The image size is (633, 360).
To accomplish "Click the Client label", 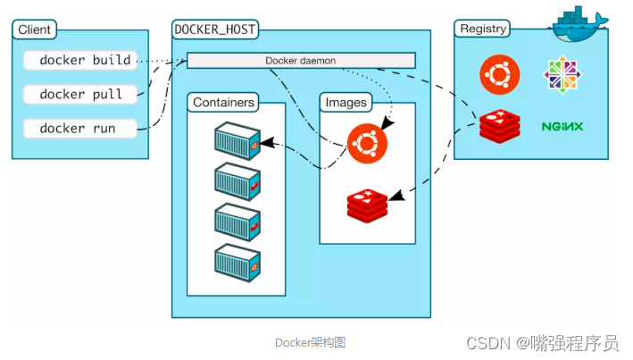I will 35,29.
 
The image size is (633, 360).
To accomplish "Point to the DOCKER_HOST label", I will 215,29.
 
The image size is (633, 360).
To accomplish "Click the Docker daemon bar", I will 301,61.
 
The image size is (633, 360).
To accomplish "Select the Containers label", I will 223,103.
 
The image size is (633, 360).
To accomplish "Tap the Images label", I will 346,103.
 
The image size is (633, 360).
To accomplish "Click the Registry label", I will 483,29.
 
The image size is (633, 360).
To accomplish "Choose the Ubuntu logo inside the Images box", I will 367,143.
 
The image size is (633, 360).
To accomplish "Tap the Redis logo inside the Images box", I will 367,205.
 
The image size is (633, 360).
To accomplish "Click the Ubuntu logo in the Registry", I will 496,74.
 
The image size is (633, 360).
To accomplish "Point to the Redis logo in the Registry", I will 496,126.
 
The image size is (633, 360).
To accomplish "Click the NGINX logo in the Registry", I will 562,127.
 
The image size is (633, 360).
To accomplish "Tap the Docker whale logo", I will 579,22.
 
